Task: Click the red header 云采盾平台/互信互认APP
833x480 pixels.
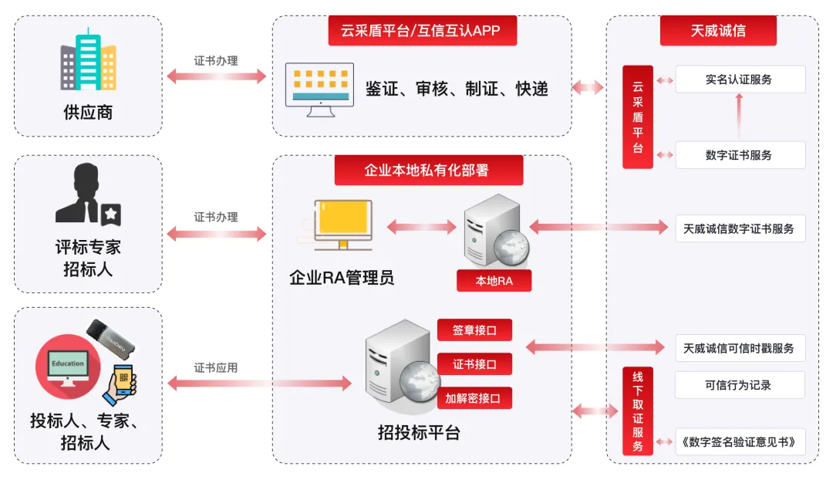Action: pyautogui.click(x=422, y=32)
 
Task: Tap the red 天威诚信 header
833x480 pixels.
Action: pyautogui.click(x=718, y=32)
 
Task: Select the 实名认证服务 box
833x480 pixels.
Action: pyautogui.click(x=740, y=79)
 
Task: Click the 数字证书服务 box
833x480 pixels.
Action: pyautogui.click(x=740, y=155)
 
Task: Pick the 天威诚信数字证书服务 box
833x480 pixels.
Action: pyautogui.click(x=740, y=228)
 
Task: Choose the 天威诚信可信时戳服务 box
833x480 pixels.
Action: pyautogui.click(x=740, y=348)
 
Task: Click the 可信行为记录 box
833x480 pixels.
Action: pyautogui.click(x=740, y=385)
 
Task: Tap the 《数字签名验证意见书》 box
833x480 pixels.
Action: pyautogui.click(x=740, y=442)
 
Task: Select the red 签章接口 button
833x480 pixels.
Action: pyautogui.click(x=474, y=330)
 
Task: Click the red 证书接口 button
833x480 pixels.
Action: pyautogui.click(x=474, y=364)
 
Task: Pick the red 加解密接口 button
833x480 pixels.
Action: pyautogui.click(x=474, y=398)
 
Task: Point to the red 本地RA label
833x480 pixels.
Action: pyautogui.click(x=494, y=281)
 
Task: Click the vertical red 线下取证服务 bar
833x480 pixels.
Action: pyautogui.click(x=638, y=411)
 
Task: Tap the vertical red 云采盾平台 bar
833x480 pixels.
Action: pyautogui.click(x=638, y=117)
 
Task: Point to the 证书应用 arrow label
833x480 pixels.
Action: pyautogui.click(x=216, y=367)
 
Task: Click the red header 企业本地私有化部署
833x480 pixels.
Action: pyautogui.click(x=428, y=171)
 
